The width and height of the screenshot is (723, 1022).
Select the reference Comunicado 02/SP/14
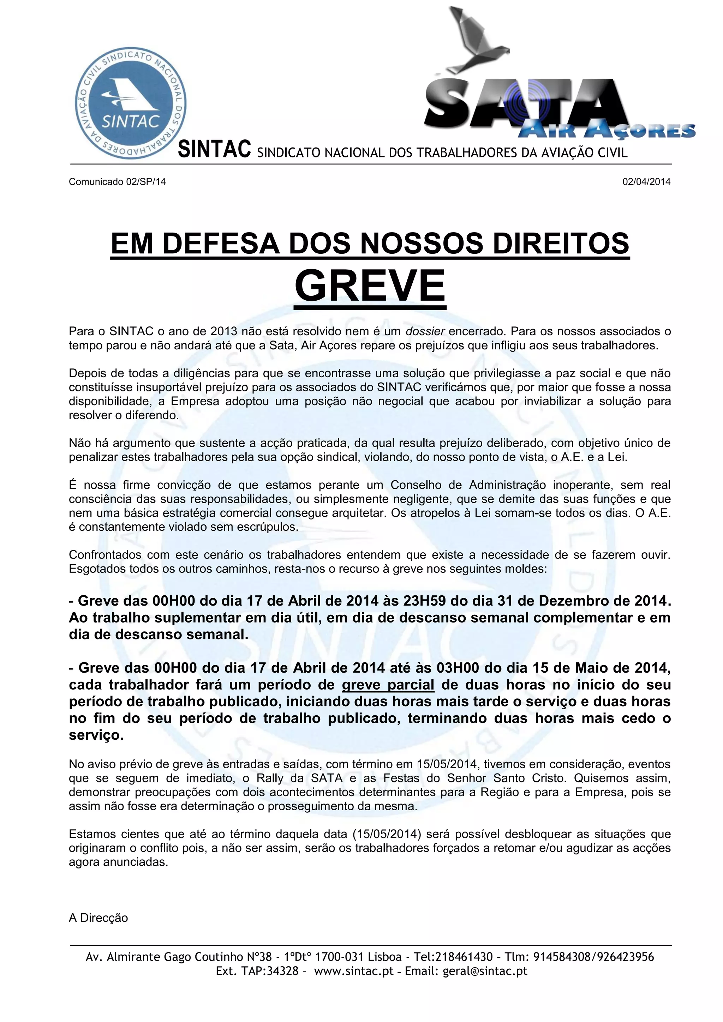(x=117, y=182)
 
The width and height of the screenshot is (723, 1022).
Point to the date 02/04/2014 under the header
(x=646, y=182)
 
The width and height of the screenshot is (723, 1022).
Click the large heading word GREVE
(x=370, y=286)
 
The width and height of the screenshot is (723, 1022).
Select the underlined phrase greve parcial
(x=388, y=685)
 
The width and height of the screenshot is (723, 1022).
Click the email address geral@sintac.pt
(x=485, y=971)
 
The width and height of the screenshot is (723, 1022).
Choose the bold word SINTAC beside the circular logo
(x=214, y=150)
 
